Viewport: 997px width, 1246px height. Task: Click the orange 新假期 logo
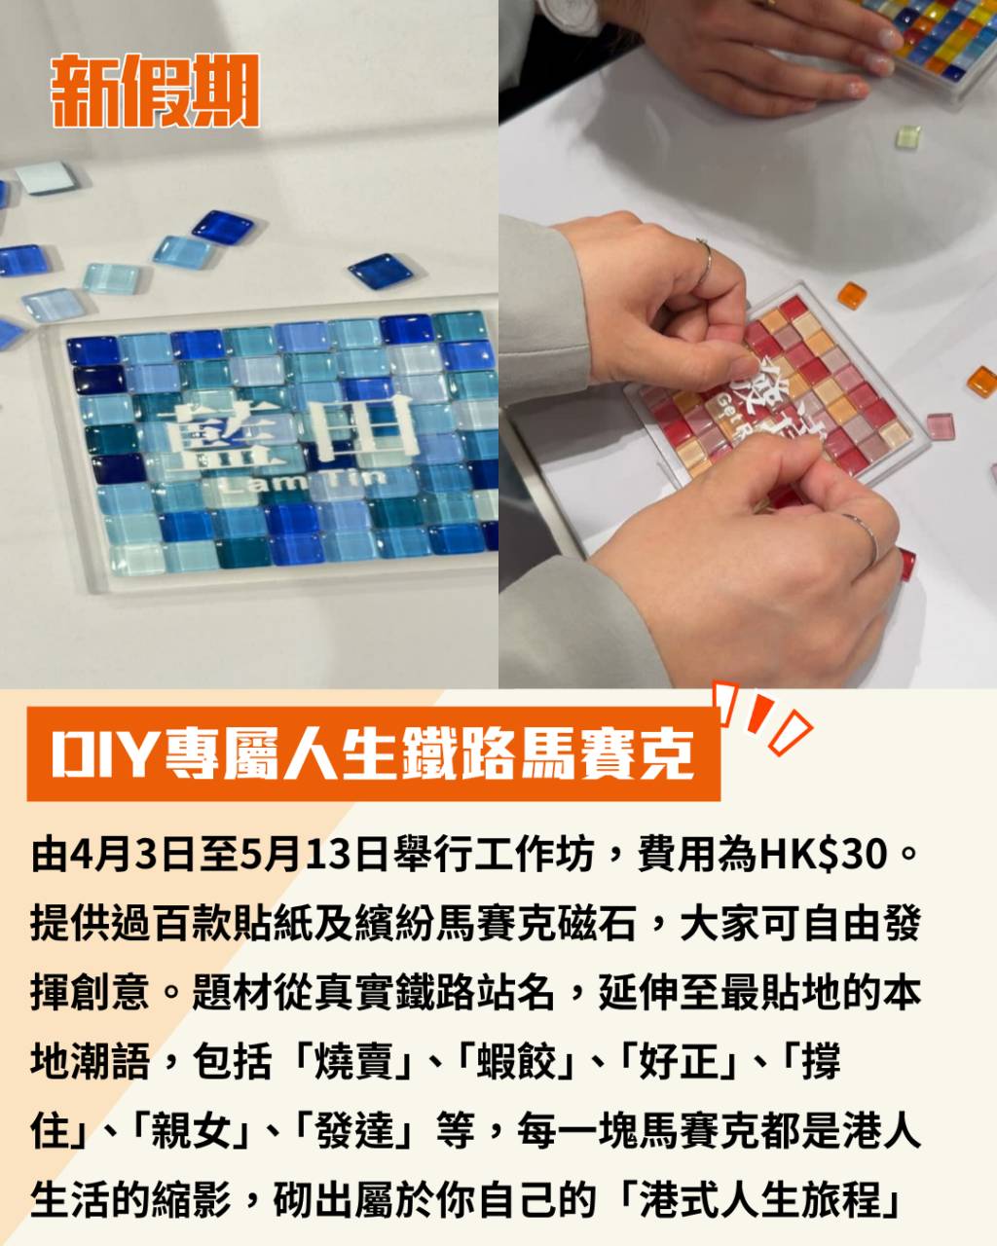(155, 91)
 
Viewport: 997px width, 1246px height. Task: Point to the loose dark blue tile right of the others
(376, 271)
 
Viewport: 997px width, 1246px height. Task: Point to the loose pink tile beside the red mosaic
(940, 426)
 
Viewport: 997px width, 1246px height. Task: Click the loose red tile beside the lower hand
(907, 564)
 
